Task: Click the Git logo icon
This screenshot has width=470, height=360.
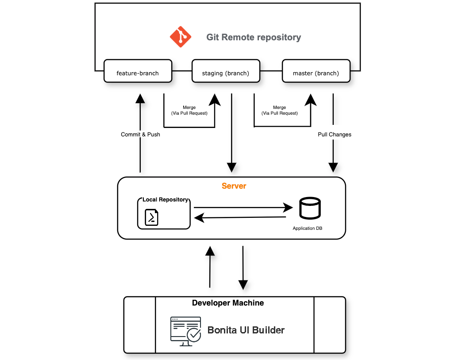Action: tap(181, 37)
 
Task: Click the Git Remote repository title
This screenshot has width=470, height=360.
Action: tap(254, 37)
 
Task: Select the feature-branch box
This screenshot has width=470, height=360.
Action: tap(138, 71)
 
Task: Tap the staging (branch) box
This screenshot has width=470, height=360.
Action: tap(226, 71)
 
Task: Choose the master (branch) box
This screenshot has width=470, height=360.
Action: tap(316, 71)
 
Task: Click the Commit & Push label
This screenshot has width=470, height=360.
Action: tap(140, 134)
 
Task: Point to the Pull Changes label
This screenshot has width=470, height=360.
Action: tap(335, 134)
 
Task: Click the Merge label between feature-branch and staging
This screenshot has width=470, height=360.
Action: tap(189, 110)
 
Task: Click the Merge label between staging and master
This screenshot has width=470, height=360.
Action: tap(279, 110)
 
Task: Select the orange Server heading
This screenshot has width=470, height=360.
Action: tap(234, 186)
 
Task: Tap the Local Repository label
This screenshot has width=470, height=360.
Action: tap(165, 200)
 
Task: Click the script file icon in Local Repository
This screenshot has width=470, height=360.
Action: tap(152, 217)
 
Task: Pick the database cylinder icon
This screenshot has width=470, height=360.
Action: tap(310, 208)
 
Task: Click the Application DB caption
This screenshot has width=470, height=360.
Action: tap(310, 228)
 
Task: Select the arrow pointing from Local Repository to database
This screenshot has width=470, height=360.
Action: tap(243, 207)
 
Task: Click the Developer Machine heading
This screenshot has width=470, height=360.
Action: tap(228, 303)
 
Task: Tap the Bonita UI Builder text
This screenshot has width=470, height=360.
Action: tap(246, 330)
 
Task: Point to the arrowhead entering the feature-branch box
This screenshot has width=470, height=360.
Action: tap(140, 98)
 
